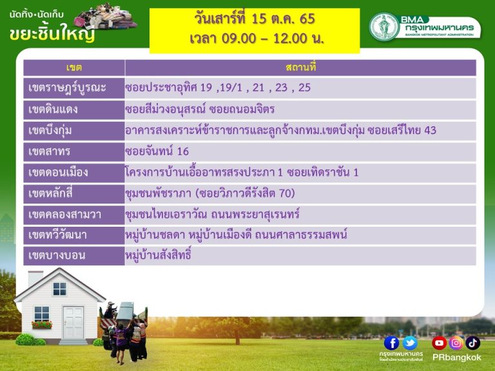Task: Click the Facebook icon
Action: pyautogui.click(x=391, y=343)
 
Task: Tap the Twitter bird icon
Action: pyautogui.click(x=410, y=343)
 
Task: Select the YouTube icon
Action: pyautogui.click(x=439, y=343)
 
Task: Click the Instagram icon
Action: pyautogui.click(x=456, y=343)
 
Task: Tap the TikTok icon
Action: pyautogui.click(x=472, y=343)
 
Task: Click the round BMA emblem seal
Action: pyautogui.click(x=384, y=27)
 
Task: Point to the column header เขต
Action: pyautogui.click(x=74, y=68)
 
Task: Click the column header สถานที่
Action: pyautogui.click(x=300, y=67)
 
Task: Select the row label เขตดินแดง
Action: pyautogui.click(x=53, y=109)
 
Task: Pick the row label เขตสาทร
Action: pyautogui.click(x=49, y=151)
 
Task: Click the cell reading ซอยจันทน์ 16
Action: pyautogui.click(x=157, y=151)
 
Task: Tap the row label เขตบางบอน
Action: pyautogui.click(x=57, y=255)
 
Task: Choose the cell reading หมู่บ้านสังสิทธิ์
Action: pyautogui.click(x=159, y=254)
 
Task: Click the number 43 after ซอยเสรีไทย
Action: pyautogui.click(x=430, y=130)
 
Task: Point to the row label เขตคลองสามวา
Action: pyautogui.click(x=64, y=214)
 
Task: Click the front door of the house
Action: pyautogui.click(x=73, y=323)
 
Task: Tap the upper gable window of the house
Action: pyautogui.click(x=60, y=289)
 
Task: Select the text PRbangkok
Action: pyautogui.click(x=457, y=357)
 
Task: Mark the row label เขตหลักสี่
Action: pyautogui.click(x=50, y=193)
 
